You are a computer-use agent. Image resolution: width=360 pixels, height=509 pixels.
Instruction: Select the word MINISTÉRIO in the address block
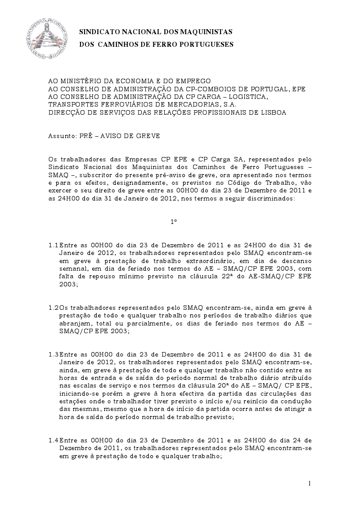pos(81,81)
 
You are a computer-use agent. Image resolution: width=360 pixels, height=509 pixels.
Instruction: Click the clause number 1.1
pos(53,245)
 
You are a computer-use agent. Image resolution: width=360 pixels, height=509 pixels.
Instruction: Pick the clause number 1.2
pos(53,308)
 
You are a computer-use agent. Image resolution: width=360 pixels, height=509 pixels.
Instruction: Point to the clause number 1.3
pos(53,354)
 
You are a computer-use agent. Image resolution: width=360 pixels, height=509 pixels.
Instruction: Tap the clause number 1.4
pos(53,440)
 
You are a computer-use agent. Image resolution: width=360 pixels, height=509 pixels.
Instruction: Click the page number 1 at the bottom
pos(310,483)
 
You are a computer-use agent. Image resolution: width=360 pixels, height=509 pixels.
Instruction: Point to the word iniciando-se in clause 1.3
pos(78,393)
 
